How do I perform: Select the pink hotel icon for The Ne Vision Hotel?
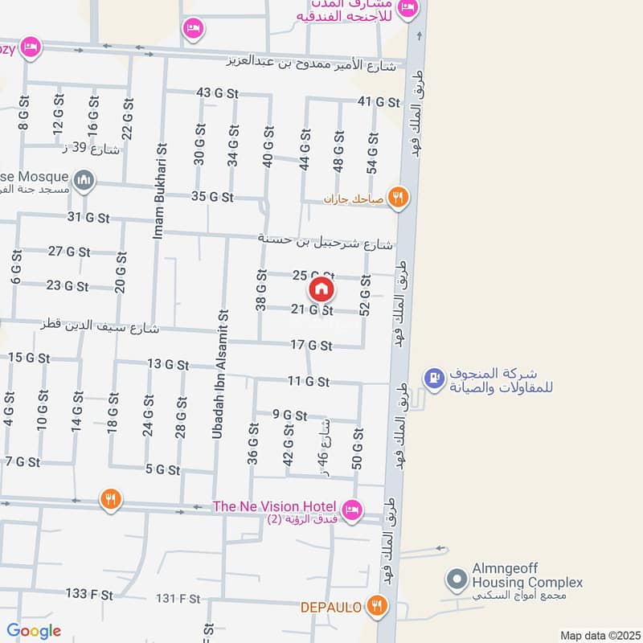[x=351, y=509]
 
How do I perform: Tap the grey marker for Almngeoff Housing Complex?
[x=457, y=579]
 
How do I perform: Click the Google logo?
[x=34, y=631]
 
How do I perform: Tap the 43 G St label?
[x=218, y=93]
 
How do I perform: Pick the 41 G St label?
[x=379, y=102]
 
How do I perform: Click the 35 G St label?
[x=212, y=196]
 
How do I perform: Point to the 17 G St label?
[x=311, y=346]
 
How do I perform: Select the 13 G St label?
[x=168, y=364]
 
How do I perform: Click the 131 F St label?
[x=178, y=598]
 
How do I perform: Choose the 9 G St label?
[x=290, y=416]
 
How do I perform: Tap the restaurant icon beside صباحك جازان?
[x=397, y=196]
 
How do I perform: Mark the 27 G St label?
[x=67, y=252]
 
